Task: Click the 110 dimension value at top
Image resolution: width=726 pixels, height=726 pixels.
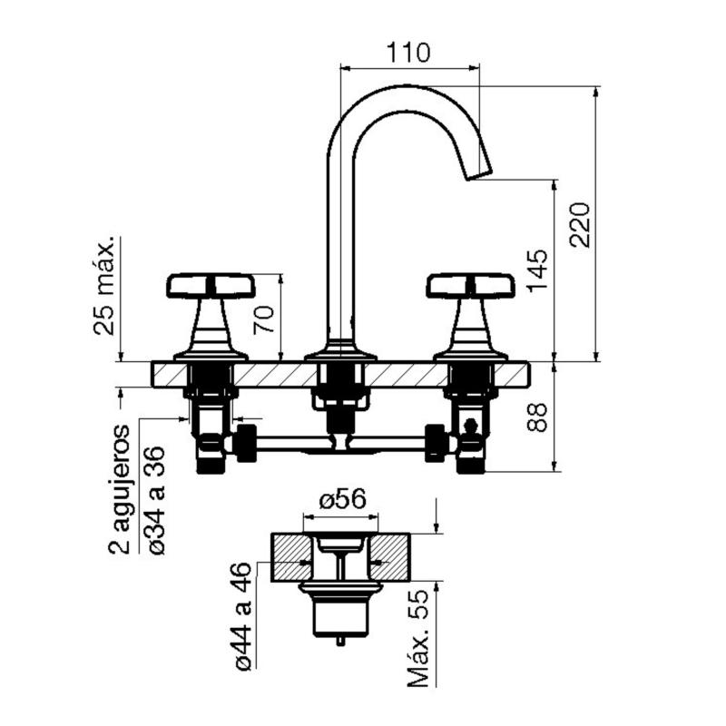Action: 408,53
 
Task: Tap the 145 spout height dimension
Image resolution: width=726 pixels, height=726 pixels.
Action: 536,270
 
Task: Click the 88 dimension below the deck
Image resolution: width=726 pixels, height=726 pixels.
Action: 536,417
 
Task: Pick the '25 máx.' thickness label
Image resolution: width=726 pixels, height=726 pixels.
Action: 105,287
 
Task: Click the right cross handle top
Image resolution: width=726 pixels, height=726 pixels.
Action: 470,286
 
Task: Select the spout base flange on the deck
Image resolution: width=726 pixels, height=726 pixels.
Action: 339,352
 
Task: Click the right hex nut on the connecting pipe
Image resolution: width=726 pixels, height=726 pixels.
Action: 437,442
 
